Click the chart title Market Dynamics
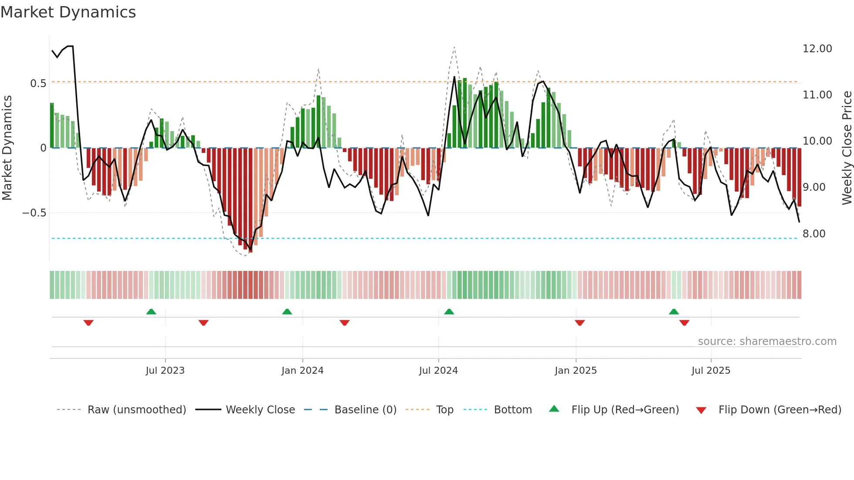tap(68, 12)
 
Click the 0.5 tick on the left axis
tap(38, 84)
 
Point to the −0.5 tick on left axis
tap(34, 213)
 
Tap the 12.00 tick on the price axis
tap(817, 49)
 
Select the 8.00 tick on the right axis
tap(814, 234)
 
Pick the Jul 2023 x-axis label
tap(165, 371)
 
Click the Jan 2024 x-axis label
tap(302, 371)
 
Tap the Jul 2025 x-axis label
tap(711, 371)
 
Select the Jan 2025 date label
tap(576, 371)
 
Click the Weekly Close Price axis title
tap(847, 148)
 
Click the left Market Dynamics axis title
tap(7, 148)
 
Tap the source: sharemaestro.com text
tap(767, 341)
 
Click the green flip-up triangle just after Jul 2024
tap(449, 311)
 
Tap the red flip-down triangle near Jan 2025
tap(579, 323)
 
